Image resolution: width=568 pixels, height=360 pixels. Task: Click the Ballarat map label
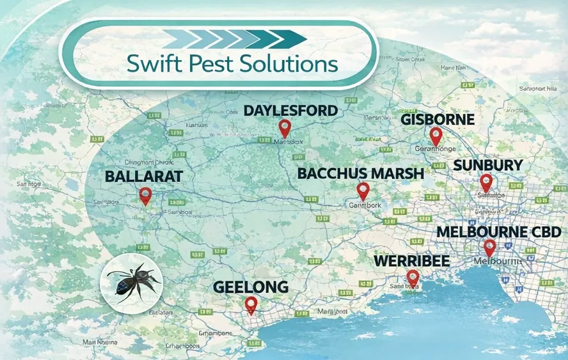(x=145, y=175)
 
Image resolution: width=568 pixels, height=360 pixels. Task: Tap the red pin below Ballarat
(x=145, y=195)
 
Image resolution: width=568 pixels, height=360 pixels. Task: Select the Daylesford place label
(x=290, y=111)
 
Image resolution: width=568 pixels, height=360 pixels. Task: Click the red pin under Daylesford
(x=285, y=128)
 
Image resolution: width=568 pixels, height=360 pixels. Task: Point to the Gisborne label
(x=438, y=120)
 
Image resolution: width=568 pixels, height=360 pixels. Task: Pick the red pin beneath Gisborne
(x=436, y=136)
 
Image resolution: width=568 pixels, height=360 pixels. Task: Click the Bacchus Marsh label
(x=361, y=173)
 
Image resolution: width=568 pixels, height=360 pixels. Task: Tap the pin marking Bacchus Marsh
(x=363, y=191)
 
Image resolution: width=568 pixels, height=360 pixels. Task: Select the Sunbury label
(x=488, y=166)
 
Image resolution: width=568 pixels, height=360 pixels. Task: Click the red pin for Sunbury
(x=486, y=182)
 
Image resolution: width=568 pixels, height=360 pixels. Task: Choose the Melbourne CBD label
(x=499, y=231)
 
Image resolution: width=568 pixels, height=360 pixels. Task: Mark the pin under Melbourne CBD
(x=489, y=247)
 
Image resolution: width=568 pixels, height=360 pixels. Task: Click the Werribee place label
(x=411, y=262)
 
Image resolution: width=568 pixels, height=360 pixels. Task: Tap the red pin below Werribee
(x=413, y=278)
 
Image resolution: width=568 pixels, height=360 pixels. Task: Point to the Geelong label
(x=251, y=286)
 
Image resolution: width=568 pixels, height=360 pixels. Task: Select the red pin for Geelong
(x=251, y=304)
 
